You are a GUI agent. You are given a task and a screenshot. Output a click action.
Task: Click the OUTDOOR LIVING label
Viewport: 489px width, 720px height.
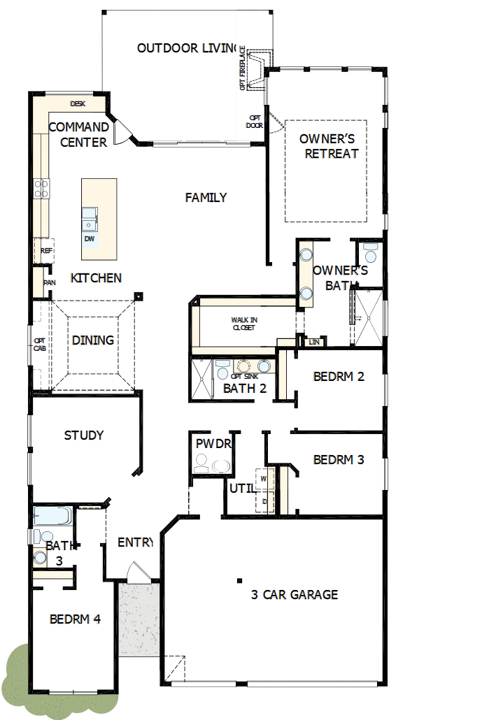tap(187, 48)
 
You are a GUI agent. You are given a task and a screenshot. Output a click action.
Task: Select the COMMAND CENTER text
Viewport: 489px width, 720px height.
tap(78, 135)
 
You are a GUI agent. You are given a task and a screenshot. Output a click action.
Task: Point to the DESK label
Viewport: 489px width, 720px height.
tap(78, 104)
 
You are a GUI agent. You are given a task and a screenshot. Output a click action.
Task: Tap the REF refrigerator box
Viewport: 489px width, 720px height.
tap(46, 250)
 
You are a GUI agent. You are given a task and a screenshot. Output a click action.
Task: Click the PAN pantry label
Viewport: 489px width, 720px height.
tap(49, 283)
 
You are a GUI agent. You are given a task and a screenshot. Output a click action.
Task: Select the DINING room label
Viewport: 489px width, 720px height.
tap(93, 340)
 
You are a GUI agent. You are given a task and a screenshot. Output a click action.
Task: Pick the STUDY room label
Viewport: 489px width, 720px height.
tap(84, 435)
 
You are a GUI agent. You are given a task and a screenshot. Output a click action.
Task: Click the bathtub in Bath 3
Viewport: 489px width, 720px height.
tap(52, 517)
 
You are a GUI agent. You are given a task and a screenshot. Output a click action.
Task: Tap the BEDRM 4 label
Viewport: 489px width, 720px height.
tap(75, 619)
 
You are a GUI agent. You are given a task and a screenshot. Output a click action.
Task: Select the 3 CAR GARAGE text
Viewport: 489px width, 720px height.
tap(295, 595)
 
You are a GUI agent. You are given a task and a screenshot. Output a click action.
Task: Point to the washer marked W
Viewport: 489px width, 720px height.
tap(264, 479)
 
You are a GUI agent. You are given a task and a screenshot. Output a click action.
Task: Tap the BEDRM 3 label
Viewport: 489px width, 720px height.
tap(339, 460)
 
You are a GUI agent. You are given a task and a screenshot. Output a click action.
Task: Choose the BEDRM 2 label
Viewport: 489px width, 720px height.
tap(339, 377)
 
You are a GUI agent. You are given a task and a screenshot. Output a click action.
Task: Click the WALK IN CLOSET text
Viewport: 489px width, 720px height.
tap(244, 323)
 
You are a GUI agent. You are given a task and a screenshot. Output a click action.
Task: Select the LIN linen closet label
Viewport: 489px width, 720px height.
tap(315, 342)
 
